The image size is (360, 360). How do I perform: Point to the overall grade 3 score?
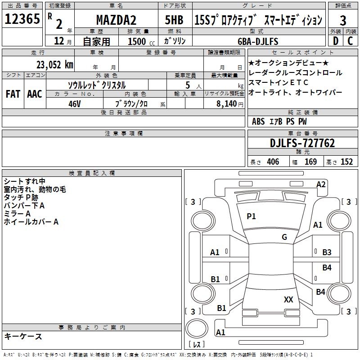(343, 20)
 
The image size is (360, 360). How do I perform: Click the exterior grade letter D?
(335, 41)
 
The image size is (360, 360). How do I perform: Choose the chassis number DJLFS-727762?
(302, 143)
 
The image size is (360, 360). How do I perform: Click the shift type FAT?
(13, 94)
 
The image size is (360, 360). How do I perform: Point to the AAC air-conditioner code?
(34, 94)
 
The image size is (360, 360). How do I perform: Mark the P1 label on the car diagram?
(251, 216)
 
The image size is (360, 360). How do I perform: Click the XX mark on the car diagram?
(288, 299)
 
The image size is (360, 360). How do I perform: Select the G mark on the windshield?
(284, 237)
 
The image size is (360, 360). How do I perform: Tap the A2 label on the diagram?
(321, 184)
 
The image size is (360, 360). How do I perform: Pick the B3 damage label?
(327, 252)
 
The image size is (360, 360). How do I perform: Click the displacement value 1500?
(137, 42)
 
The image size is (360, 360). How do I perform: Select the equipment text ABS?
(258, 121)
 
